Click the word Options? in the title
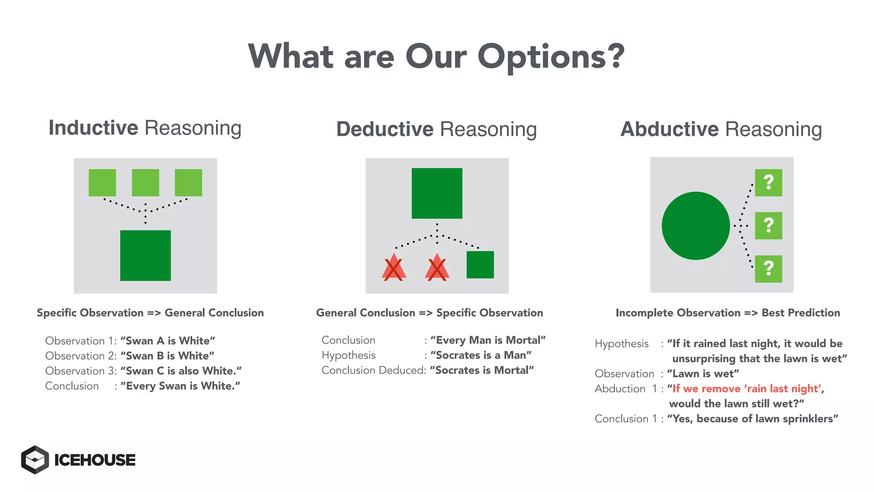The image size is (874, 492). [551, 57]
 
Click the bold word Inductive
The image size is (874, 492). [93, 128]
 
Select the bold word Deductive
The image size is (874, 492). [385, 129]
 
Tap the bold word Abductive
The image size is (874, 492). [669, 129]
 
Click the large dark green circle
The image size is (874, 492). [696, 225]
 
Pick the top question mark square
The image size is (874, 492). [768, 183]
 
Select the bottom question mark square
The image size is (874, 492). [768, 269]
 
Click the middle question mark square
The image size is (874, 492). [768, 225]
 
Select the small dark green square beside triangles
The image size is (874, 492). [480, 265]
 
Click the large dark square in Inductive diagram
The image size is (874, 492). [145, 255]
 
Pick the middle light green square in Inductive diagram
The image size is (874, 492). [145, 183]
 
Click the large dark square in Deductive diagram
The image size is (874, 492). [437, 193]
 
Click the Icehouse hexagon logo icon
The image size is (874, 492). [35, 460]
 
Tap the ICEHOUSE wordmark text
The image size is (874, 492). [95, 460]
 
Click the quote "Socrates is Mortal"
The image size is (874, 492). [482, 370]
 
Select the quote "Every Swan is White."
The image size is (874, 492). [180, 386]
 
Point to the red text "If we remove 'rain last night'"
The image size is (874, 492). [745, 389]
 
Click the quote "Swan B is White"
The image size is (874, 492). [167, 356]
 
